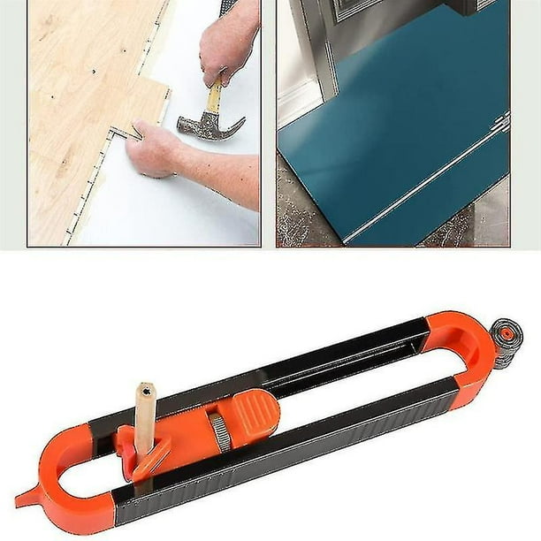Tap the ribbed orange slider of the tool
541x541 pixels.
pyautogui.click(x=253, y=415)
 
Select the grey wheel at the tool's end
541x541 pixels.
pyautogui.click(x=507, y=343)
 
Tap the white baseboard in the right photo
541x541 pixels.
pyautogui.click(x=296, y=97)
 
